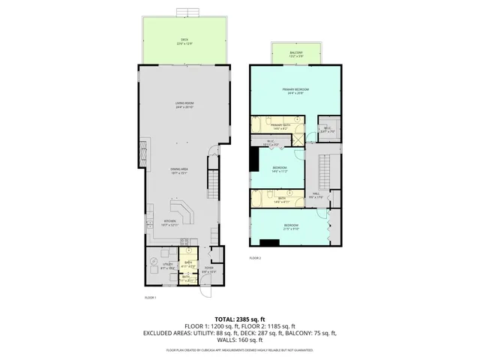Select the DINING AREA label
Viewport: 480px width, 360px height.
[178, 169]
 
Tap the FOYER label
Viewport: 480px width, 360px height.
[208, 268]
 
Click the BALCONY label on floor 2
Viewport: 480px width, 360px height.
[297, 53]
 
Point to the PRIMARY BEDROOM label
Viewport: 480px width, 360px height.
[296, 91]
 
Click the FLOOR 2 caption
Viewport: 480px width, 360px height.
[255, 258]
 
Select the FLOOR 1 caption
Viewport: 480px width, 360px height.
[150, 298]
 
